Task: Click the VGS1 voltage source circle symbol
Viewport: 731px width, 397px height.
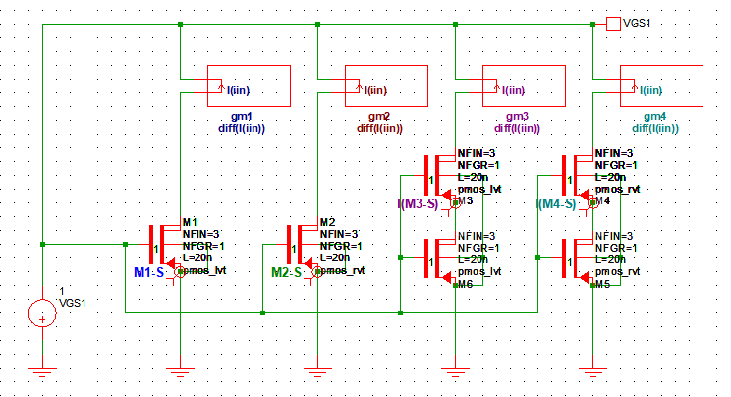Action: pyautogui.click(x=42, y=313)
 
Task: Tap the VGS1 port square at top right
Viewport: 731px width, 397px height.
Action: pyautogui.click(x=613, y=23)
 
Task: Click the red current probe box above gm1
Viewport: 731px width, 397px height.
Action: pyautogui.click(x=248, y=85)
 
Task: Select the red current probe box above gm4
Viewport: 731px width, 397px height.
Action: pyautogui.click(x=660, y=85)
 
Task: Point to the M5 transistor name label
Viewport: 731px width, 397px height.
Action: pyautogui.click(x=602, y=284)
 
